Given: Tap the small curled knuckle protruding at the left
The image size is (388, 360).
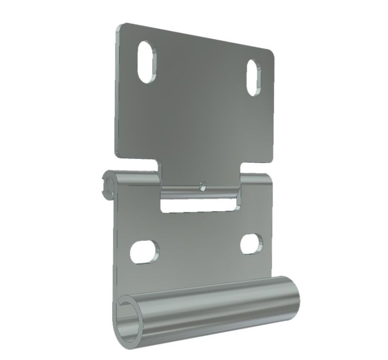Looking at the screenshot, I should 109,184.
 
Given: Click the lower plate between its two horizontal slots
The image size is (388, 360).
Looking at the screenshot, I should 199,247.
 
